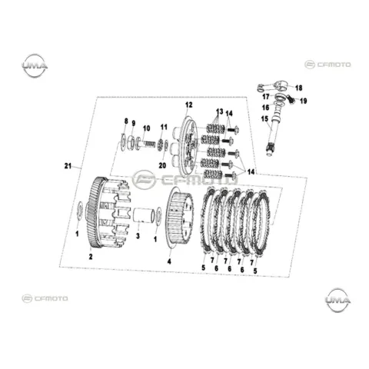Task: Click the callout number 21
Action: [68, 166]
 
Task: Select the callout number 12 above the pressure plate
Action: [189, 105]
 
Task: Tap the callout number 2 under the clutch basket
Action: [91, 257]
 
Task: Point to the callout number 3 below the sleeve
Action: [138, 236]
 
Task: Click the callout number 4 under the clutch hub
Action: [169, 261]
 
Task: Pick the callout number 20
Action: [162, 165]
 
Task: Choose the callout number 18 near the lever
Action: [299, 88]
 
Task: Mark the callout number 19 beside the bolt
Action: [304, 101]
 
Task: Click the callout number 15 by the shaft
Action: [264, 119]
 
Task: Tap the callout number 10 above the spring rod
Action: [147, 128]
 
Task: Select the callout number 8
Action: [126, 121]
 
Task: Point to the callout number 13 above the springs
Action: [220, 111]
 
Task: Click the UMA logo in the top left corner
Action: [35, 65]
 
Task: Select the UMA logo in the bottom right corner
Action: [337, 300]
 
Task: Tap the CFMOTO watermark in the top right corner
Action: [327, 65]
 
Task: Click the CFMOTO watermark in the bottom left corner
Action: [45, 298]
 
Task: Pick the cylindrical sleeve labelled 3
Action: [145, 215]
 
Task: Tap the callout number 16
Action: [266, 108]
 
